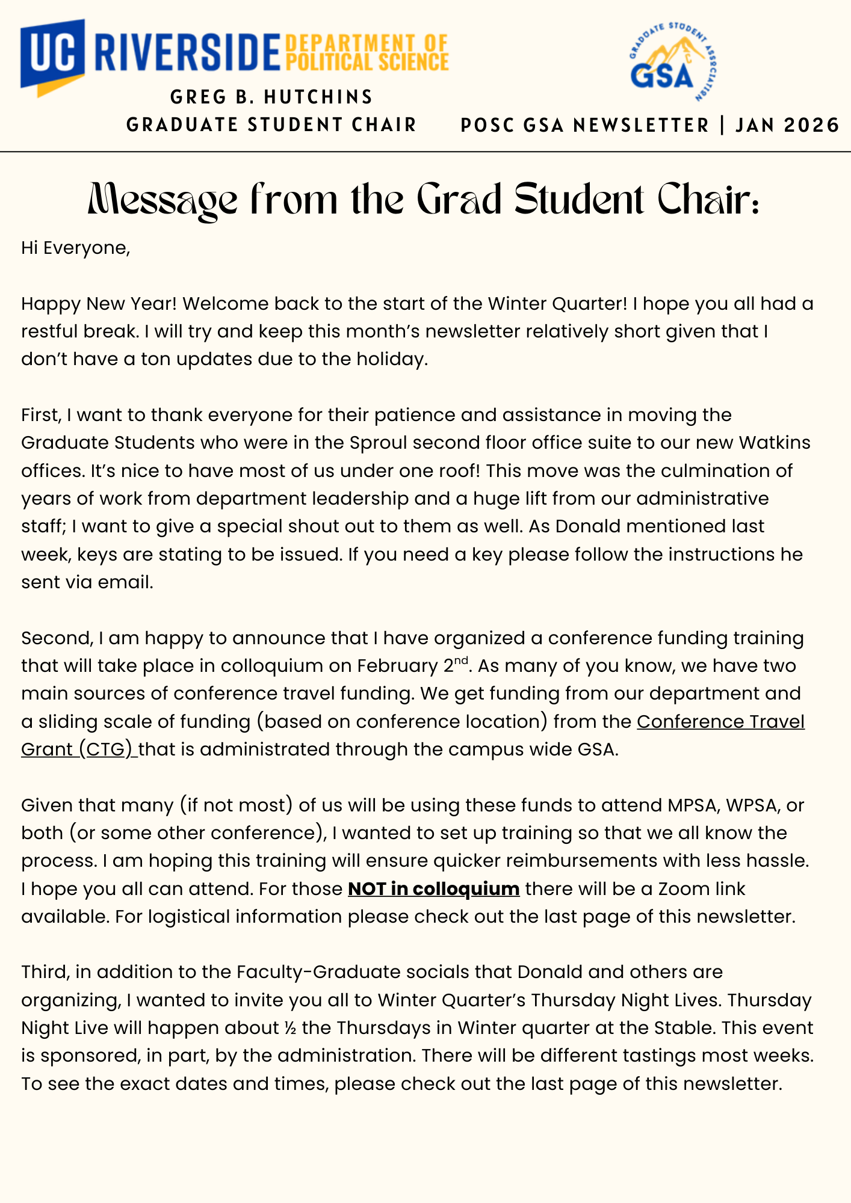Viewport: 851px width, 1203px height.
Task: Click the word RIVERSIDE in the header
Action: [188, 54]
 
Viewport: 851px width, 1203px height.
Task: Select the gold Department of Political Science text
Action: [367, 53]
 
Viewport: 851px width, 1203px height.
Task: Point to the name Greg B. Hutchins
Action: [271, 97]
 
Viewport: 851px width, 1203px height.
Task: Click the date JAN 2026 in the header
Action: [787, 125]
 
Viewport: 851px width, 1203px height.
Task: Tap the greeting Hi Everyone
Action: [76, 248]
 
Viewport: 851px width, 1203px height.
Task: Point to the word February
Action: [397, 666]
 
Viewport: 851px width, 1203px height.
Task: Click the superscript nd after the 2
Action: [460, 660]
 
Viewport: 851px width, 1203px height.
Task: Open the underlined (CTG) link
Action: [106, 749]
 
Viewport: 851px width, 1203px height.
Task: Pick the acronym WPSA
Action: [752, 805]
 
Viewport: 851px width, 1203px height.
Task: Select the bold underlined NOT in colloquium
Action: [433, 888]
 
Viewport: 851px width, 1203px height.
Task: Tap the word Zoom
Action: [685, 888]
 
